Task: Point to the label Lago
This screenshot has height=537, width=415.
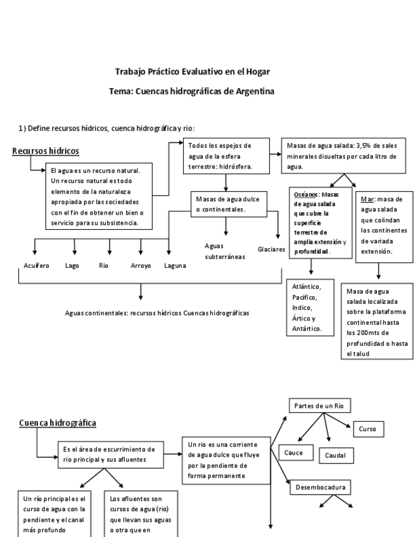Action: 72,266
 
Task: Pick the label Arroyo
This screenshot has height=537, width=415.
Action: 140,266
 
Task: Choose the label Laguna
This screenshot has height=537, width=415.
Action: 175,266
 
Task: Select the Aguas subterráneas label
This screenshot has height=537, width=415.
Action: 224,251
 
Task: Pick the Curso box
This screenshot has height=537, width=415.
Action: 367,429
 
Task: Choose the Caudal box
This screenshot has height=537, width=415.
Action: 336,455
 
